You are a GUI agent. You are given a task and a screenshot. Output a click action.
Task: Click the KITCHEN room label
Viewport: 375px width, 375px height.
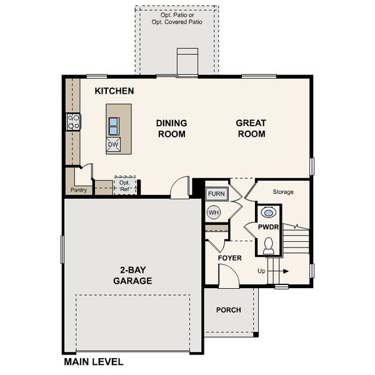coord(114,91)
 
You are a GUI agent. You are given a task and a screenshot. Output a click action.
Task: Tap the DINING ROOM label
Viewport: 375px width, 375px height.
coord(171,128)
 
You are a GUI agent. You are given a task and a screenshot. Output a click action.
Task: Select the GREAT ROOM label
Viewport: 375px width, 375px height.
coord(251,128)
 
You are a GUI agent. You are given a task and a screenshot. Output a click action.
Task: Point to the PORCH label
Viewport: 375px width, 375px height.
coord(229,310)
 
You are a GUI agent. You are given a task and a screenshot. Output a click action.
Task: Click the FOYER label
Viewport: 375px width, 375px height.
coord(229,257)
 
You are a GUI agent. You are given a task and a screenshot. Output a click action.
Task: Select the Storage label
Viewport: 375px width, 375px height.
coord(283,192)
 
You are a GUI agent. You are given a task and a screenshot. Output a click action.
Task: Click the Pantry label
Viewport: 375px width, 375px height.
coord(79,190)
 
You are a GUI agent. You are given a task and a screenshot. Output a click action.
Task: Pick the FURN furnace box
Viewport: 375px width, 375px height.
coord(216,194)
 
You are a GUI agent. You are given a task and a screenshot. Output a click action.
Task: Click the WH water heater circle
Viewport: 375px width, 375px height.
coord(214,212)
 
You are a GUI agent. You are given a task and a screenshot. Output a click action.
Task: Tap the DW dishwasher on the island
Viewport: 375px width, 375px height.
coord(113,145)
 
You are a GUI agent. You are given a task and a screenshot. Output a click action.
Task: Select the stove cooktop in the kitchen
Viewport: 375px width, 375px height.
coord(74,121)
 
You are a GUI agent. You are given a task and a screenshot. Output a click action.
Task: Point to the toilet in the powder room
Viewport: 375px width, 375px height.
coord(269,246)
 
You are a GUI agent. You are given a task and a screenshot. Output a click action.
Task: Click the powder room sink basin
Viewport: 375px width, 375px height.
coord(269,212)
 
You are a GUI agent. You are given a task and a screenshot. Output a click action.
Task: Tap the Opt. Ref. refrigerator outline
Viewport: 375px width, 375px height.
coord(125,185)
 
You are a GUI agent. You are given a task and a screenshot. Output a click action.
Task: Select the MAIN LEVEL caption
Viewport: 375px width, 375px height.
coord(94,361)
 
